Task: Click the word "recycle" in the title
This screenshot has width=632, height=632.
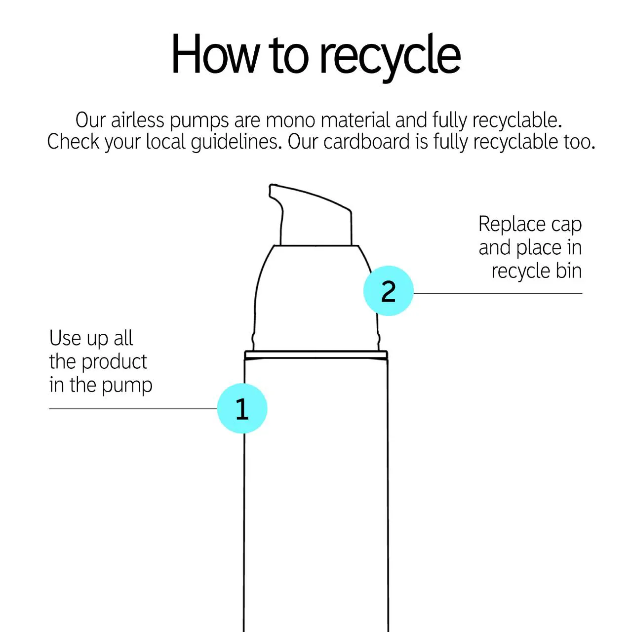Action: [x=390, y=56]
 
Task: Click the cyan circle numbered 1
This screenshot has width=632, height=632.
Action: [x=242, y=408]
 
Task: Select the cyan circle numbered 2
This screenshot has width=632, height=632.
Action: [x=388, y=291]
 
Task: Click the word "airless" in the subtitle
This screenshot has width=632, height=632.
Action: [x=137, y=120]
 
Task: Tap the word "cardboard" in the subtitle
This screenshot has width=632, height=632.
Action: [x=366, y=142]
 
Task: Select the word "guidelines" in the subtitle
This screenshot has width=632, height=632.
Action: [x=236, y=142]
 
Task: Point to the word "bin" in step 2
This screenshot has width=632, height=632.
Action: [x=569, y=271]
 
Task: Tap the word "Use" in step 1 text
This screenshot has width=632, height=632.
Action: [x=65, y=338]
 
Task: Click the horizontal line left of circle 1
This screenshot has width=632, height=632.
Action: [x=133, y=409]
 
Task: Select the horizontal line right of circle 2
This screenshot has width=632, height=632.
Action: [x=498, y=293]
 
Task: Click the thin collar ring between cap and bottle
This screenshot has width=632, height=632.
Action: [x=316, y=355]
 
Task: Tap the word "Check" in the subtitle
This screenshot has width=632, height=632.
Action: [x=73, y=142]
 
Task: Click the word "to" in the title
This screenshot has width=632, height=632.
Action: [x=290, y=56]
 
